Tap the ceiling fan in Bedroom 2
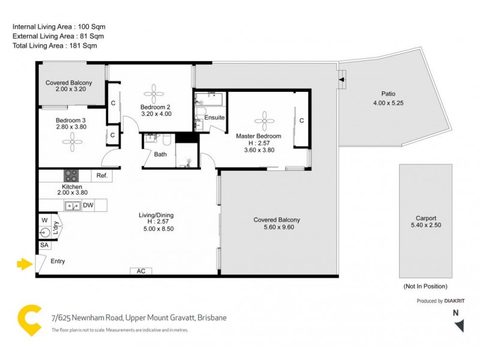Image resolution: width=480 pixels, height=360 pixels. (155, 92)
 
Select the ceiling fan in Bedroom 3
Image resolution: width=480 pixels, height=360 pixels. (73, 142)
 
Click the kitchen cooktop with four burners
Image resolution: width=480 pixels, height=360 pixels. (71, 176)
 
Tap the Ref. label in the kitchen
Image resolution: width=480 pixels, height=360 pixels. (101, 176)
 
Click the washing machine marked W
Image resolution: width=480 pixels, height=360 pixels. (45, 221)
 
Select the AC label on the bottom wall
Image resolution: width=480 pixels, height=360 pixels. (141, 271)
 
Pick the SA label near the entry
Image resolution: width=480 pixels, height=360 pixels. (44, 245)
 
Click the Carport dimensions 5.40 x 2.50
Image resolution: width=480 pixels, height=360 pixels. (425, 226)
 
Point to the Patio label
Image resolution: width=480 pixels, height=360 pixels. (388, 94)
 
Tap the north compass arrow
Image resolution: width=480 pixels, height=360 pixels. (459, 325)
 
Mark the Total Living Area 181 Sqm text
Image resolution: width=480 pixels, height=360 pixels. (55, 46)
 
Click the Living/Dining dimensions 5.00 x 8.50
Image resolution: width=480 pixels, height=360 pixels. (155, 229)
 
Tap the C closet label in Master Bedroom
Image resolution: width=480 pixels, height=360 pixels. (302, 121)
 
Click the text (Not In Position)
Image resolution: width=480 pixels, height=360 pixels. (425, 286)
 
